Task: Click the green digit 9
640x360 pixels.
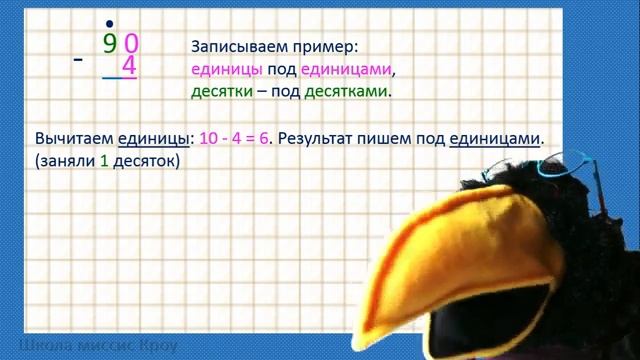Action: click(109, 43)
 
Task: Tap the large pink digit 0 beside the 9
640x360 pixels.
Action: click(131, 43)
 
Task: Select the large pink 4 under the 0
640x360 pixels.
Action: click(128, 67)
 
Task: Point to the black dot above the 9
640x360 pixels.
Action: click(108, 22)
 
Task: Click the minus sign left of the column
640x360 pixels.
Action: click(78, 61)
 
